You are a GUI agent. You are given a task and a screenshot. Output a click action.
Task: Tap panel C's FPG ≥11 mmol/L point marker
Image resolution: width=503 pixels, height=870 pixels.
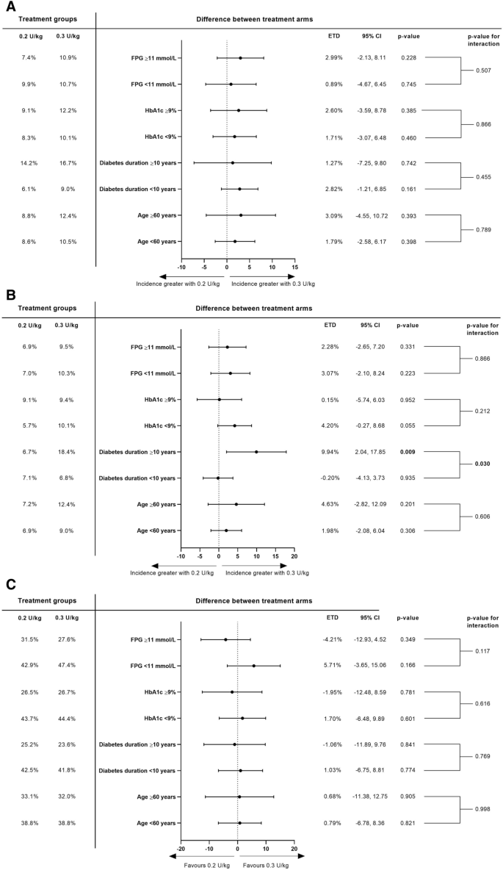tap(225, 639)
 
